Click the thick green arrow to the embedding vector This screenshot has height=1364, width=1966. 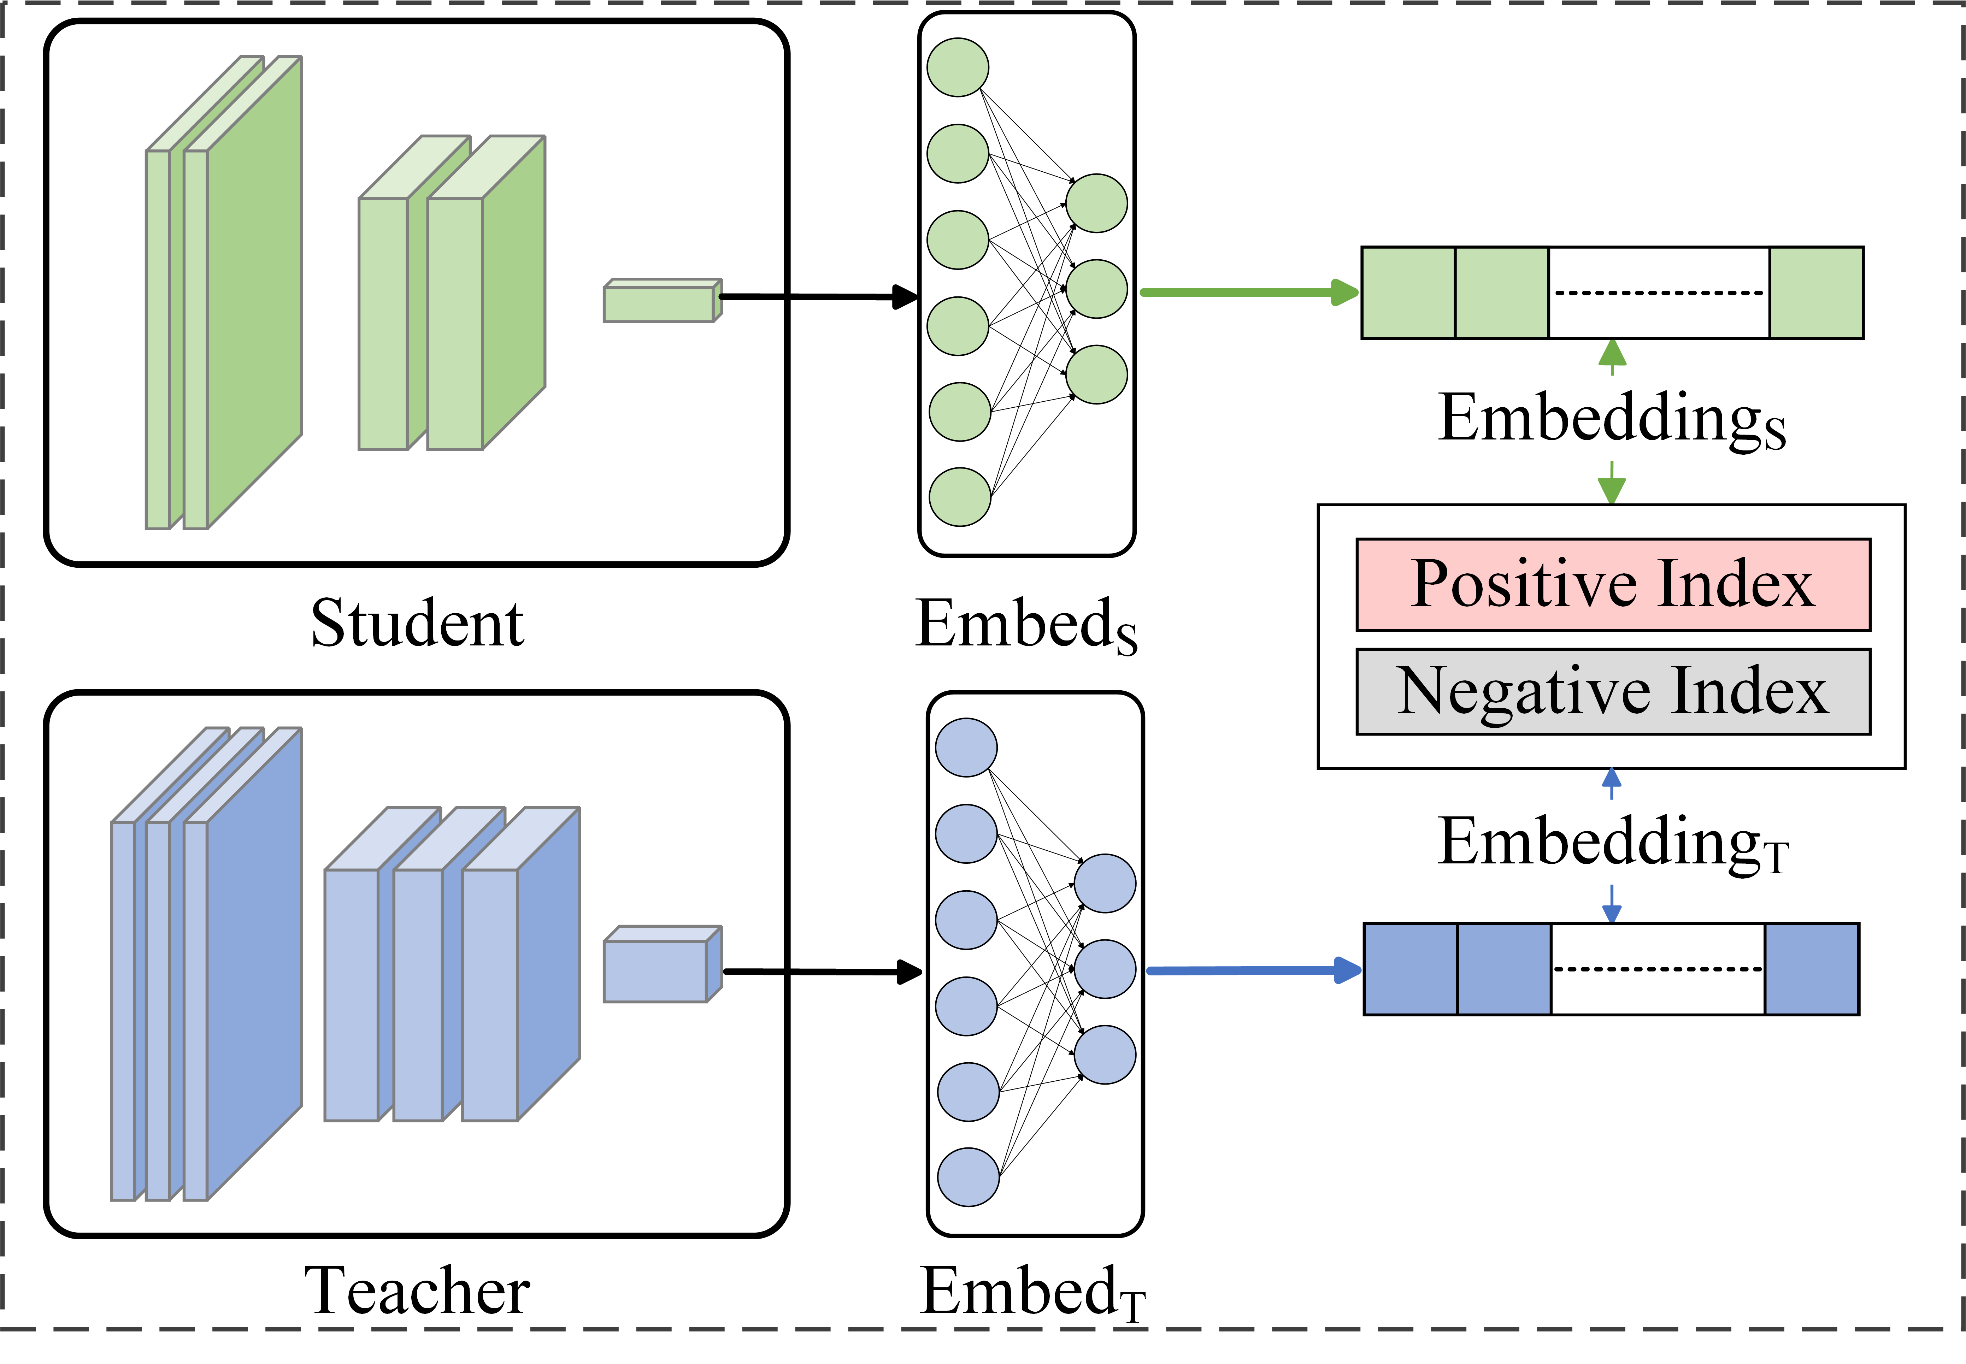1250,292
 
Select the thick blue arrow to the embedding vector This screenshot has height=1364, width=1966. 1254,970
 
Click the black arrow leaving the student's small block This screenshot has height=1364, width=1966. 819,296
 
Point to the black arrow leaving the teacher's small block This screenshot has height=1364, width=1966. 822,972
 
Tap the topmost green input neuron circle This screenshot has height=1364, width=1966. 958,67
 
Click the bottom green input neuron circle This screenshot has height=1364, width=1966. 960,497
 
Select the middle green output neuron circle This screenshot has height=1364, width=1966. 1097,289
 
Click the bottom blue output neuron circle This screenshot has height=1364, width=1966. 1105,1055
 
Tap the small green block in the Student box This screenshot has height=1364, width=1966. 663,300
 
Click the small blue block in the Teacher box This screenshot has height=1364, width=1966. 663,964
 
